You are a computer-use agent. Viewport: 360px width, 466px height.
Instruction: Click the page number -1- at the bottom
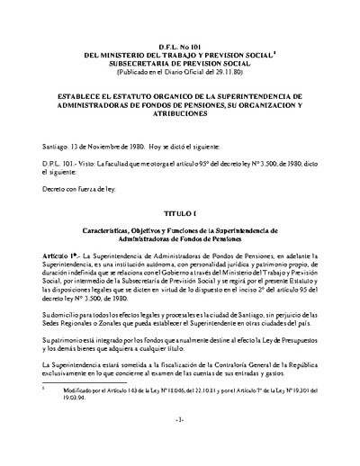(x=179, y=443)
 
